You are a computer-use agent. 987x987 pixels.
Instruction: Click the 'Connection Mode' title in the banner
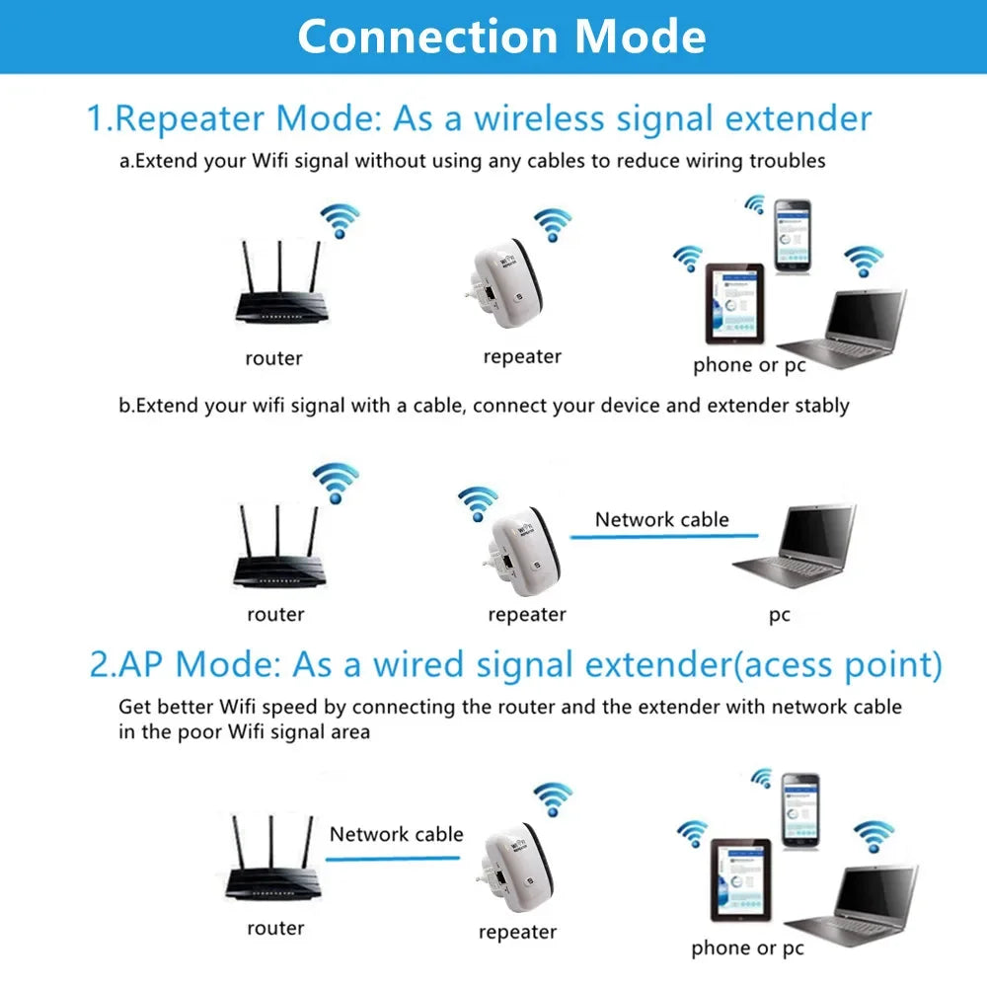click(x=501, y=37)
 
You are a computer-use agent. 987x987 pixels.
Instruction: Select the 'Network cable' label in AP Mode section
click(x=396, y=834)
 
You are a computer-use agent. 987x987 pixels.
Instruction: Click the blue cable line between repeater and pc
click(x=662, y=536)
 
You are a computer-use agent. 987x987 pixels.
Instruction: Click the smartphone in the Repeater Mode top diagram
click(x=792, y=236)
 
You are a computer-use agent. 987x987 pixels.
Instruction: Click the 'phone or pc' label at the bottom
click(x=747, y=949)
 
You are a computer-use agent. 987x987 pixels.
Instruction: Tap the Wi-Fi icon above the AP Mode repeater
click(x=553, y=798)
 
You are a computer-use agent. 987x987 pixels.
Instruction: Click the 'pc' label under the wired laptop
click(x=780, y=615)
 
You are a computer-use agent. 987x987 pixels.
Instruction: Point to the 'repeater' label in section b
click(x=527, y=615)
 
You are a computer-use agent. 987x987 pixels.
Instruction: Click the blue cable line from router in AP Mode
click(x=393, y=858)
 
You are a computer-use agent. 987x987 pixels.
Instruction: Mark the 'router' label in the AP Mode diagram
click(x=275, y=928)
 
